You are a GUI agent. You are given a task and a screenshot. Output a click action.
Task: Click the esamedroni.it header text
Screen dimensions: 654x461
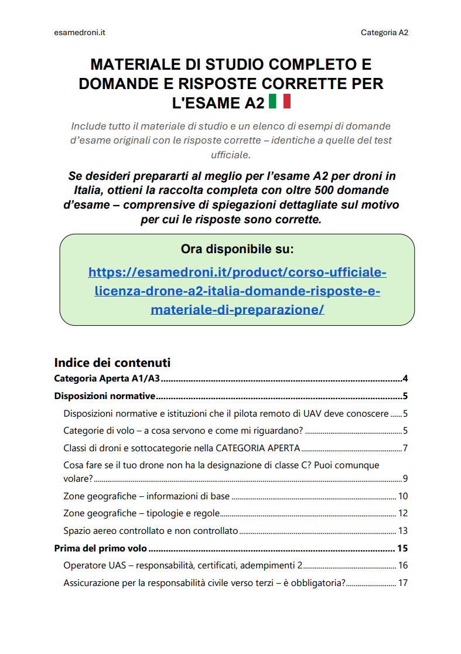(79, 33)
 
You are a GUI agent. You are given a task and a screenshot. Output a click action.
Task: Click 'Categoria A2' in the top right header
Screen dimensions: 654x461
(384, 33)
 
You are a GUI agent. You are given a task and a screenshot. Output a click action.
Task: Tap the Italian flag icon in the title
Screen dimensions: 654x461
(279, 101)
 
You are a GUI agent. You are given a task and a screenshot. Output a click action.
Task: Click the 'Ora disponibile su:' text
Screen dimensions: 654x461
(237, 249)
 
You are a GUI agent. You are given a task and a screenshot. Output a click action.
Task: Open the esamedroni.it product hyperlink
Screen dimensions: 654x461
(237, 291)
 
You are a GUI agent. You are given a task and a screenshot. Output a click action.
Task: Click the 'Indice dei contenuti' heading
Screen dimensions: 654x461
(112, 362)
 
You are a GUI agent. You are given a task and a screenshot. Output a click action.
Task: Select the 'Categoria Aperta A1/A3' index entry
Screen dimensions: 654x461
(107, 378)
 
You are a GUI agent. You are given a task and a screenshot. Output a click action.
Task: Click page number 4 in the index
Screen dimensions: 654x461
(405, 378)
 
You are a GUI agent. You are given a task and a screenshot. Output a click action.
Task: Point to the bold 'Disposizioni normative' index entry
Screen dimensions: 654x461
(104, 396)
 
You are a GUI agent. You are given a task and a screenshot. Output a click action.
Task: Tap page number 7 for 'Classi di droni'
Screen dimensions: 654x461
(405, 449)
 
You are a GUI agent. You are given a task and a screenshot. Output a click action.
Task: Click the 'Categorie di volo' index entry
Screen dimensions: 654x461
(183, 431)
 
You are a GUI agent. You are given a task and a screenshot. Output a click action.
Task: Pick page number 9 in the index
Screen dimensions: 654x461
(405, 478)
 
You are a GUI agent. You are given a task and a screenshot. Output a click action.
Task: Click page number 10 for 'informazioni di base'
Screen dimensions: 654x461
(403, 496)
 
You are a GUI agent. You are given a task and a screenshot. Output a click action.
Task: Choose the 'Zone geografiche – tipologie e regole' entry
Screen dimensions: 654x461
(141, 513)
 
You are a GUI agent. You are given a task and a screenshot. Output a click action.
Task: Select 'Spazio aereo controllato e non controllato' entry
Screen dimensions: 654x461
(151, 531)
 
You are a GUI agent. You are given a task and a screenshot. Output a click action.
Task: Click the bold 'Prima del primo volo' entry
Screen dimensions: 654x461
(100, 549)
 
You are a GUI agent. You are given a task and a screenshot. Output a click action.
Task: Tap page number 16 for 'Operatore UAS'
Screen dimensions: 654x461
(403, 566)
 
